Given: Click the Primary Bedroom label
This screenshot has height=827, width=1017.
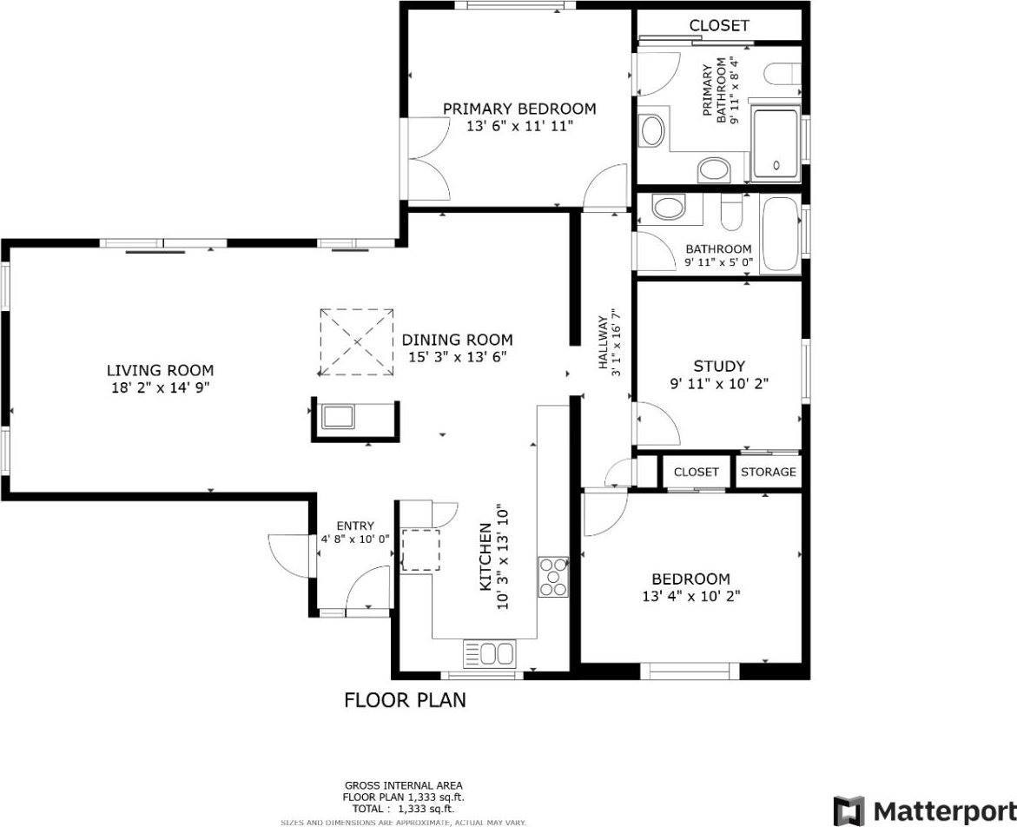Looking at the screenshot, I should pyautogui.click(x=519, y=109).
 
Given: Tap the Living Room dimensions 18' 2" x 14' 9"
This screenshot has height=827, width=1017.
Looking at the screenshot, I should pyautogui.click(x=160, y=387).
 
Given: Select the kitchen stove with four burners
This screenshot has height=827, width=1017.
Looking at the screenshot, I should pyautogui.click(x=553, y=576).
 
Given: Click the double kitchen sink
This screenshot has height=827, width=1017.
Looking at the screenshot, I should pyautogui.click(x=490, y=652).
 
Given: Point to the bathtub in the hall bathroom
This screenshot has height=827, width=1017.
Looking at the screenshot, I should pyautogui.click(x=779, y=235).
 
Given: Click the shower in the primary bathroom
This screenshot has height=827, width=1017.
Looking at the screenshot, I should pyautogui.click(x=775, y=143).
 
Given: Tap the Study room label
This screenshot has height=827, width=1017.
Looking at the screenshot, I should pyautogui.click(x=718, y=367).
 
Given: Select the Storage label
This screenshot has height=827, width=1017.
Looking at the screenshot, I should pyautogui.click(x=769, y=472).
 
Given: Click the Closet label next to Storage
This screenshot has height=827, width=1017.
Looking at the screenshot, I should pyautogui.click(x=697, y=472).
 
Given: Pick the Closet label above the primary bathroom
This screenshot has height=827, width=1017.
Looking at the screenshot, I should pyautogui.click(x=718, y=25).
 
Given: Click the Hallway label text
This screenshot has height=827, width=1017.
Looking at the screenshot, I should pyautogui.click(x=603, y=340).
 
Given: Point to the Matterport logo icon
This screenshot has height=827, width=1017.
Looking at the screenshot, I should pyautogui.click(x=849, y=810).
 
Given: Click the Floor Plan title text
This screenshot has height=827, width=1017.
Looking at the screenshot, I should pyautogui.click(x=405, y=699).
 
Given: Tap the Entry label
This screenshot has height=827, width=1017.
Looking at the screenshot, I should pyautogui.click(x=355, y=526).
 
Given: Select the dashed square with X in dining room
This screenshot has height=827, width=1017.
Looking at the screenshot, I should pyautogui.click(x=357, y=342).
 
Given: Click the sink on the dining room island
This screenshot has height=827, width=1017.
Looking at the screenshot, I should pyautogui.click(x=339, y=417).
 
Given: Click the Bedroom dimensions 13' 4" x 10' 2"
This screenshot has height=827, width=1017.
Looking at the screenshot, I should pyautogui.click(x=690, y=596).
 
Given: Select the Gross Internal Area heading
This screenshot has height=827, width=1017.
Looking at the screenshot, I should pyautogui.click(x=404, y=784).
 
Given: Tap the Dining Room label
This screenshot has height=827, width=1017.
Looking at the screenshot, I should pyautogui.click(x=457, y=340).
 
